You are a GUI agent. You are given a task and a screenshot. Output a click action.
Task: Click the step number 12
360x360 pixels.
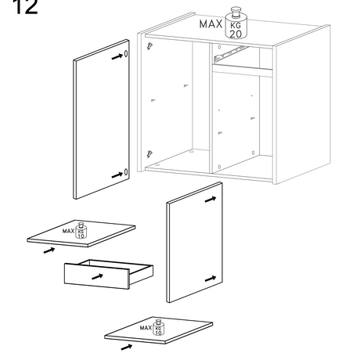25,6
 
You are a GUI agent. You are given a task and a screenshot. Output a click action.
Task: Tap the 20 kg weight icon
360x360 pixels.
236,23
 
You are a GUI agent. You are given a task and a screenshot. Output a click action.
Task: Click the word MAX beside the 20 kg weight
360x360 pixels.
211,24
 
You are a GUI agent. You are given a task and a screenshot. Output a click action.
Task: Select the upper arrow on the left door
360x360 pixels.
117,56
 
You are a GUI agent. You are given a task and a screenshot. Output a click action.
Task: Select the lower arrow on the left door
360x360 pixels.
117,175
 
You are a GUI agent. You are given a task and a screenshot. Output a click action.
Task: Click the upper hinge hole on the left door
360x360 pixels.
126,54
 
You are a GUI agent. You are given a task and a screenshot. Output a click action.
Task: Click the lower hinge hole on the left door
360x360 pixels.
126,172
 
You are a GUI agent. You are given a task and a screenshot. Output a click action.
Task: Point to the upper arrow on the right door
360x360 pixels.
211,200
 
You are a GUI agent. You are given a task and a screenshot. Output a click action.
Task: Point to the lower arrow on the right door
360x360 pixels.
211,279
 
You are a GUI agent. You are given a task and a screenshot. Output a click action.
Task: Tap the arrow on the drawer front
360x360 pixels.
97,276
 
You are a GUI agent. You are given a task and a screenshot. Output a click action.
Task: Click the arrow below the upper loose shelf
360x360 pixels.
49,250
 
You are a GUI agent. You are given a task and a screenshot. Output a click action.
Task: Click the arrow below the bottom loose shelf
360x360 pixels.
127,347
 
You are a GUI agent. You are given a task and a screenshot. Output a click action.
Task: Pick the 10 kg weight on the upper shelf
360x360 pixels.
81,231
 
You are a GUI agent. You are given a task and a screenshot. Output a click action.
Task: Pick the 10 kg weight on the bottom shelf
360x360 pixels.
158,327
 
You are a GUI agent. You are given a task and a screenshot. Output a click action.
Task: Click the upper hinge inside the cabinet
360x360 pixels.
149,46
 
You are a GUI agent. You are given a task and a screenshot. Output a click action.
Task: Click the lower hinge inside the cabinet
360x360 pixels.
149,153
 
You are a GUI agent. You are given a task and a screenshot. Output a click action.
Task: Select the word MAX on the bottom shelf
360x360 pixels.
146,328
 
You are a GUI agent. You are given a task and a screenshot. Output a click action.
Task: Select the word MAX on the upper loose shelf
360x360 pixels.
68,231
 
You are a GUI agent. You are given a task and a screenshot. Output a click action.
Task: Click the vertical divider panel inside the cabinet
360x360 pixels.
211,107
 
